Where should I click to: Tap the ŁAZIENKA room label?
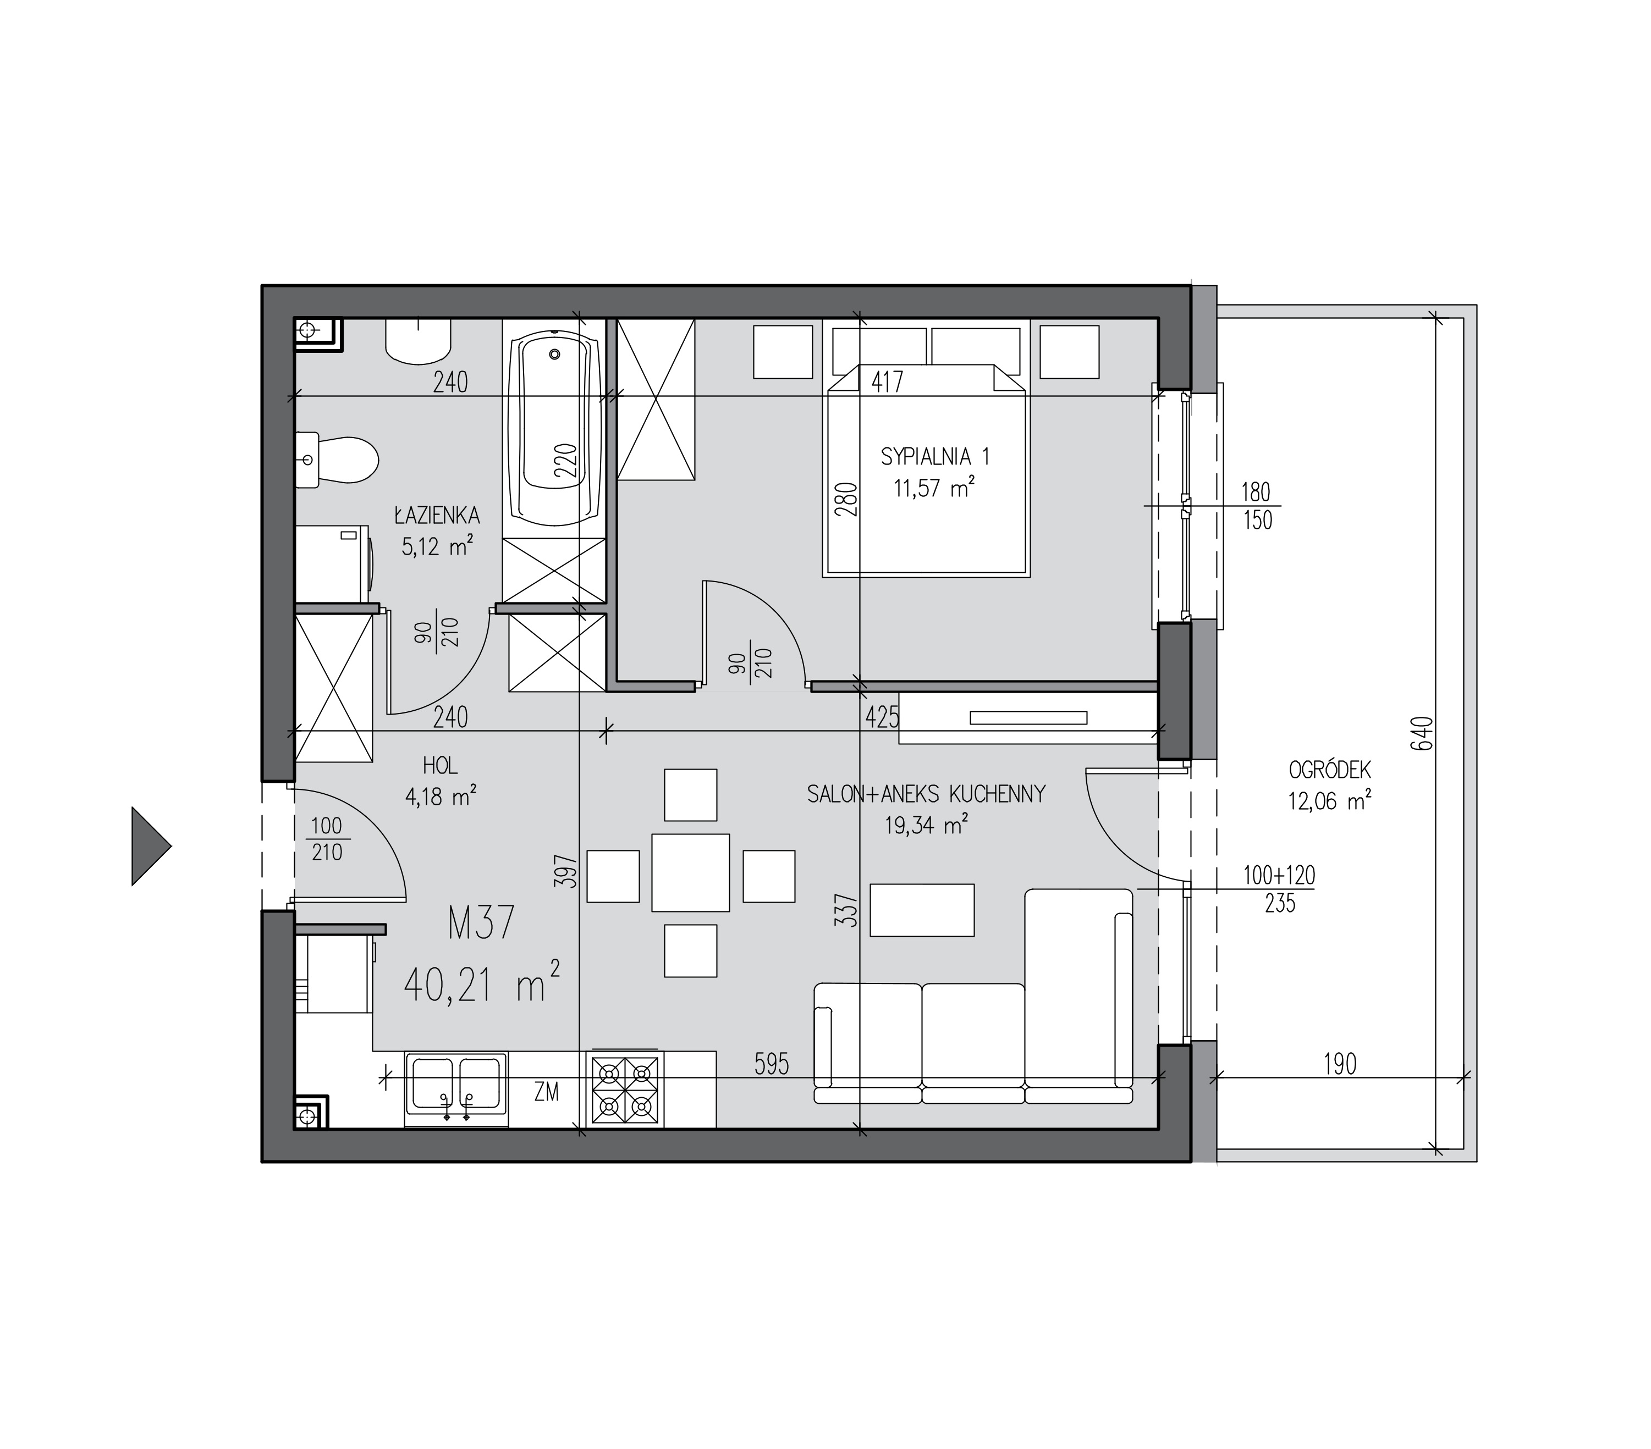(437, 515)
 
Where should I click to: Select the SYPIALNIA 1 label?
(934, 457)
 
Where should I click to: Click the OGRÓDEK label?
(1329, 770)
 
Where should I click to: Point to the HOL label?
(439, 765)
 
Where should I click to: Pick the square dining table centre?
(691, 872)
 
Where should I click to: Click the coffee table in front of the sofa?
(922, 910)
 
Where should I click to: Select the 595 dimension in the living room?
(772, 1065)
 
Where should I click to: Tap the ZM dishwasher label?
(547, 1093)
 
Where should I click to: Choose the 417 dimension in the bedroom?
(887, 381)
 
